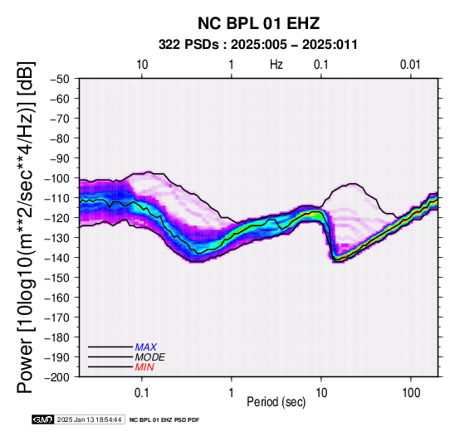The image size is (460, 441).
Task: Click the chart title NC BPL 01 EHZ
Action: pyautogui.click(x=258, y=23)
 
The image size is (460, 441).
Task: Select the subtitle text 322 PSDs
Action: pyautogui.click(x=188, y=45)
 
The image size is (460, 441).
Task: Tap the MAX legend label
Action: pyautogui.click(x=146, y=347)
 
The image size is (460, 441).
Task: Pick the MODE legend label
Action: pyautogui.click(x=150, y=357)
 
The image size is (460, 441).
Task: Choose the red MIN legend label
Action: pyautogui.click(x=144, y=367)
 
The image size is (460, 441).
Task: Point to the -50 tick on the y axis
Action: pyautogui.click(x=60, y=79)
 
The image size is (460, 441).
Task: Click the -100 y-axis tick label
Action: pyautogui.click(x=57, y=178)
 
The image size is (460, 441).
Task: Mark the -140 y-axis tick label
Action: pyautogui.click(x=57, y=258)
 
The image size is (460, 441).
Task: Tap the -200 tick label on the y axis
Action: pyautogui.click(x=57, y=377)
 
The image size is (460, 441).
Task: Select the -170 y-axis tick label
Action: pyautogui.click(x=57, y=317)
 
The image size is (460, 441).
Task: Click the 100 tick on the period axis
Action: pyautogui.click(x=411, y=393)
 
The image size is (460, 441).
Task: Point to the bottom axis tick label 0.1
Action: pyautogui.click(x=142, y=393)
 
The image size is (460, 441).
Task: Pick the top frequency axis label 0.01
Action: pyautogui.click(x=410, y=65)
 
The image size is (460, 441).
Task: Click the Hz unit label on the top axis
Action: pyautogui.click(x=276, y=65)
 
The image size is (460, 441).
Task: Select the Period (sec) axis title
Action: pyautogui.click(x=276, y=402)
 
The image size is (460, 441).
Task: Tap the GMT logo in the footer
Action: pyautogui.click(x=43, y=419)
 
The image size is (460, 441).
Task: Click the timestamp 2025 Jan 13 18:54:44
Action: pyautogui.click(x=89, y=419)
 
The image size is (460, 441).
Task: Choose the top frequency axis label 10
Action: pyautogui.click(x=142, y=65)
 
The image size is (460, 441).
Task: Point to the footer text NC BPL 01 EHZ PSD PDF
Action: pyautogui.click(x=164, y=420)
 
